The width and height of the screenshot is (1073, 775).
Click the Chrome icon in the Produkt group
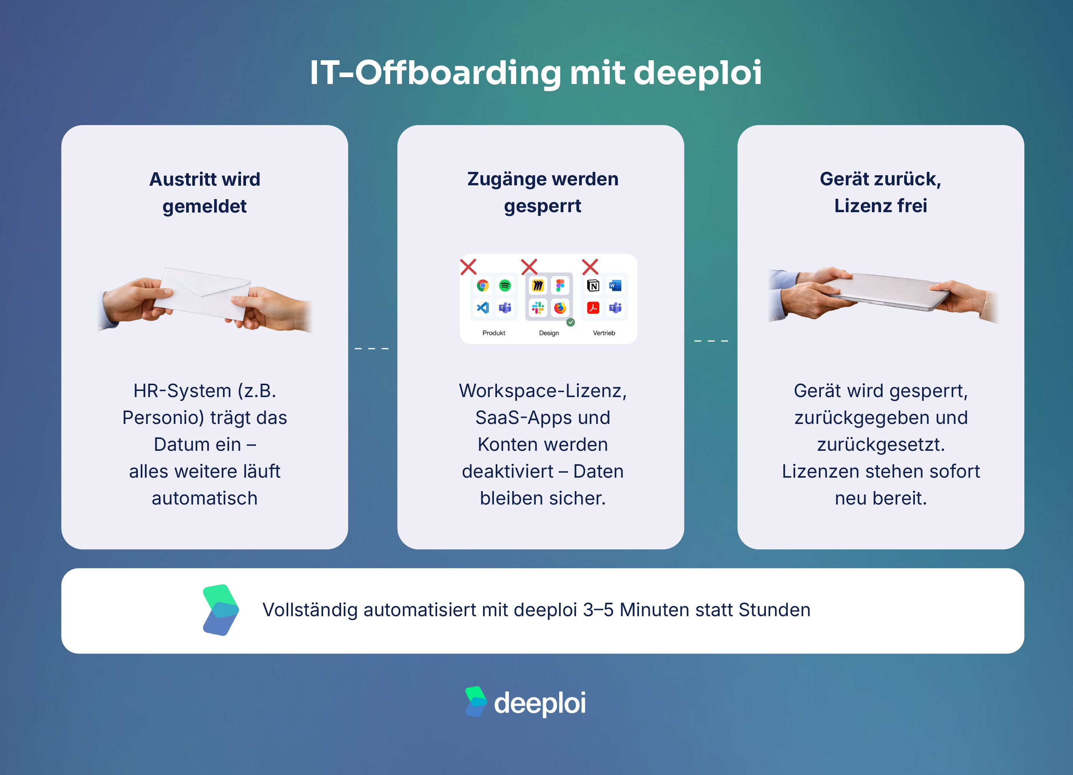click(482, 285)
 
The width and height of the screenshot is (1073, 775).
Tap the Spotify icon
click(505, 285)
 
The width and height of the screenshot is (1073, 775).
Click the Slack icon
click(538, 308)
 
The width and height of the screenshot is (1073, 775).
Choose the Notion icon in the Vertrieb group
click(593, 285)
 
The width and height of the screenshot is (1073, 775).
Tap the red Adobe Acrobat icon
click(593, 308)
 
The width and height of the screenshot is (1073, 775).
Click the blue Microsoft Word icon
click(615, 285)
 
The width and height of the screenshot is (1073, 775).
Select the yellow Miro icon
click(538, 285)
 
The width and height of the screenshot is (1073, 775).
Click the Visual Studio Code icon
click(482, 308)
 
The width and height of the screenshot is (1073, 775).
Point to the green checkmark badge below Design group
click(571, 323)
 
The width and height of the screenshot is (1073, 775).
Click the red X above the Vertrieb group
click(590, 267)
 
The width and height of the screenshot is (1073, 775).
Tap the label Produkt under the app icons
click(494, 333)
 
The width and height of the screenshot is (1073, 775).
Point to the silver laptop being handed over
click(885, 291)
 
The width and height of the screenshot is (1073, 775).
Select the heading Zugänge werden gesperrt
click(543, 192)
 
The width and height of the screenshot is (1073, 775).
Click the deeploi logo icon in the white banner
click(220, 610)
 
